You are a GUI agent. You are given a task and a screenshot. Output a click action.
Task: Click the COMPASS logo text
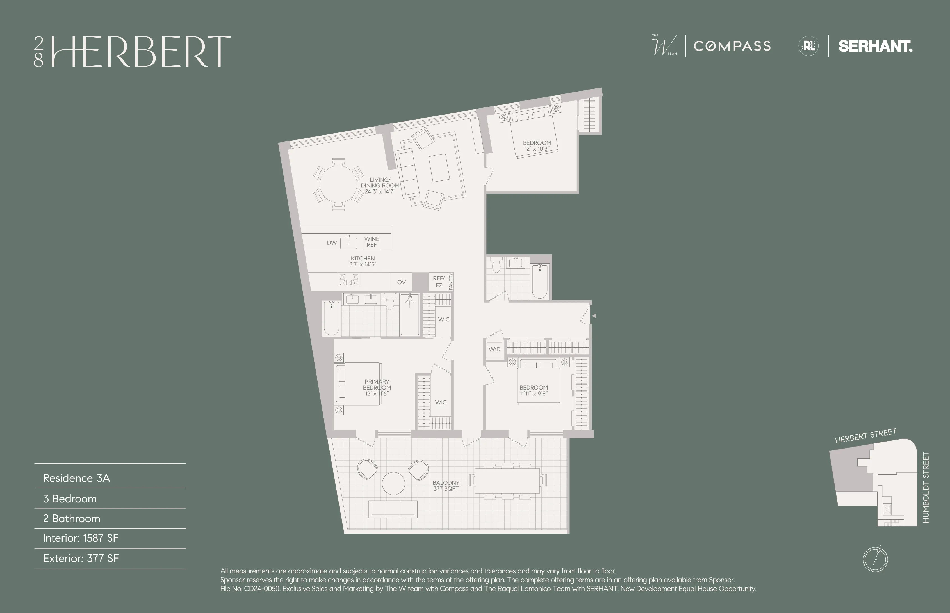coord(732,46)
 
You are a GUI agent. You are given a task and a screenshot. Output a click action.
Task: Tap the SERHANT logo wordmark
coord(875,46)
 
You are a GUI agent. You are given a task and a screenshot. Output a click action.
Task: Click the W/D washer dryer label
coord(495,349)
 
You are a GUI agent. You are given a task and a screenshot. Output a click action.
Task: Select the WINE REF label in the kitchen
coord(372,242)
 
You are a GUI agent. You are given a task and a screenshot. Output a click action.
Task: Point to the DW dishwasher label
coord(332,243)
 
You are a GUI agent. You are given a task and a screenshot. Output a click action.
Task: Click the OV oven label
coord(401,282)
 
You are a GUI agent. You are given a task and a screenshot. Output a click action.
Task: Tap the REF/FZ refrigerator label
coord(438,282)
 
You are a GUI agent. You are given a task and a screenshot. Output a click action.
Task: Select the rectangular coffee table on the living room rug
coord(439,168)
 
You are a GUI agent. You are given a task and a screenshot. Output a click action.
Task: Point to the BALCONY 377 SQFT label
coord(446,486)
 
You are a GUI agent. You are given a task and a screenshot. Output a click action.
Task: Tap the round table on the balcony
coord(393,483)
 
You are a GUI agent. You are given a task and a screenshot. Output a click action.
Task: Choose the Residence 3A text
coord(76,478)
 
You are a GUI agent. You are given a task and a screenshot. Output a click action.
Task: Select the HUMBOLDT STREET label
coord(926,487)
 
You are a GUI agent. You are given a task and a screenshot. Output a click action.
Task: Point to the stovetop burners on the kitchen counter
coord(348,280)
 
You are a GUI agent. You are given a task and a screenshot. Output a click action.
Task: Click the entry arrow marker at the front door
coord(594,316)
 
